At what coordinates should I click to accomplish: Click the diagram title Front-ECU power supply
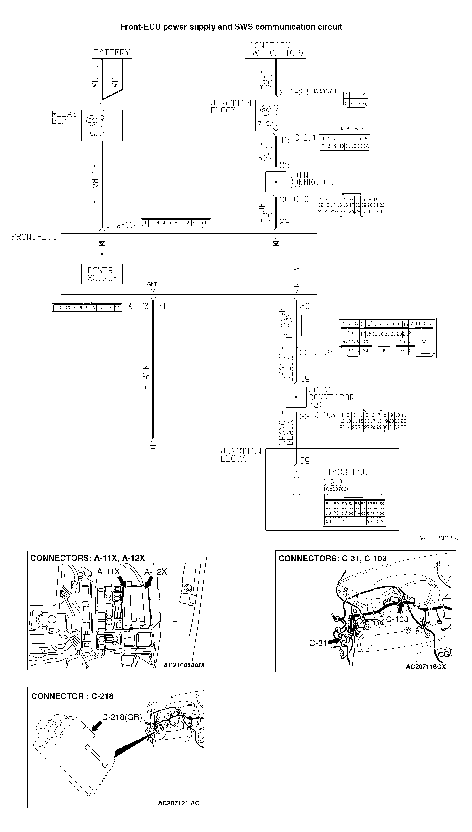(x=231, y=27)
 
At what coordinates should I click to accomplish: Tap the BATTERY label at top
(x=112, y=52)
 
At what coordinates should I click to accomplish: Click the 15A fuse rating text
(x=92, y=134)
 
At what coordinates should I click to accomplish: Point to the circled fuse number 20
(x=266, y=110)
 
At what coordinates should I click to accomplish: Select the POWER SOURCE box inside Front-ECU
(x=102, y=274)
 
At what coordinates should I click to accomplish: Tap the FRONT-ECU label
(x=34, y=237)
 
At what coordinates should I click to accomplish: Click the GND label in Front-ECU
(x=153, y=284)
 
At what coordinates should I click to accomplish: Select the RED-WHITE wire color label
(x=95, y=186)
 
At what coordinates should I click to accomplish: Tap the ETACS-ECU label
(x=345, y=473)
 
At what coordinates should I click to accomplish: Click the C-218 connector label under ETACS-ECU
(x=332, y=483)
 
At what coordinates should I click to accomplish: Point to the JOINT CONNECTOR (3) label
(x=331, y=397)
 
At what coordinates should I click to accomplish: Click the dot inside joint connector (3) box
(x=296, y=397)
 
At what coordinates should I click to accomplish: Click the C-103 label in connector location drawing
(x=397, y=619)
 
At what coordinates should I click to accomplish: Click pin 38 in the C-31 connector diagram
(x=424, y=342)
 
